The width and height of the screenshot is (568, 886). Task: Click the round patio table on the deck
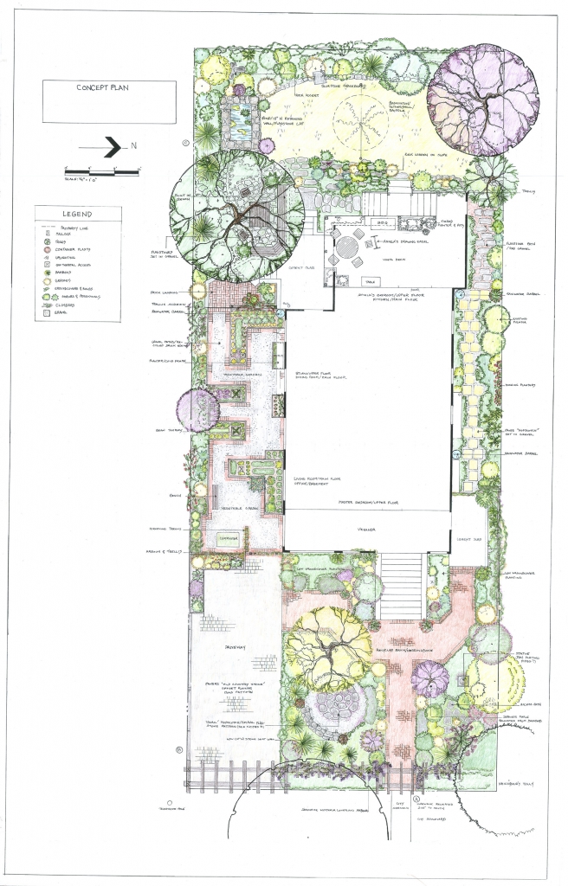pyautogui.click(x=353, y=246)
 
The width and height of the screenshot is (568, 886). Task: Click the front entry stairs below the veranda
pyautogui.click(x=401, y=588)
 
